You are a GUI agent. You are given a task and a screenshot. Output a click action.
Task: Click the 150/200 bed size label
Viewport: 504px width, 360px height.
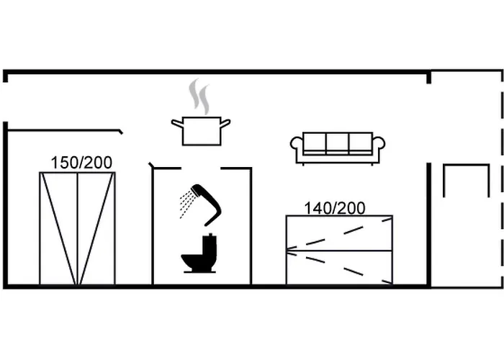click(81, 163)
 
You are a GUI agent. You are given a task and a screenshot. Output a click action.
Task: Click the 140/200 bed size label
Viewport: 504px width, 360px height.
click(335, 208)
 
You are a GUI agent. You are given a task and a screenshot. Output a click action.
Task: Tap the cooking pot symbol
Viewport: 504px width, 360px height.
click(201, 131)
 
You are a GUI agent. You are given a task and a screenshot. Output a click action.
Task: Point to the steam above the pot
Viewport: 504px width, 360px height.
click(199, 96)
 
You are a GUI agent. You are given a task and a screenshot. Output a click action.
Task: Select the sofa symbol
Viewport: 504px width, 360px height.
click(338, 148)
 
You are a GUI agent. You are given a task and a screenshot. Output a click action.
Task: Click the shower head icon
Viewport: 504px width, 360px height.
click(200, 204)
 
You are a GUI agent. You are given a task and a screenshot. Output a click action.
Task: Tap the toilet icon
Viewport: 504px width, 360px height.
click(199, 253)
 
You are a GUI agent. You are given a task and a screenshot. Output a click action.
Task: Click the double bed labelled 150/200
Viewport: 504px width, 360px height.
click(77, 228)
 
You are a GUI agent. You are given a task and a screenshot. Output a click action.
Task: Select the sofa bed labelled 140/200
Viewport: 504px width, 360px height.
click(339, 250)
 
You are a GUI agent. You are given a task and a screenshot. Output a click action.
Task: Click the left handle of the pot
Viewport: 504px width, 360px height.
click(177, 123)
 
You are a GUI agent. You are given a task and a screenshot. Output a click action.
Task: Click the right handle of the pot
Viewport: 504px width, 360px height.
click(225, 123)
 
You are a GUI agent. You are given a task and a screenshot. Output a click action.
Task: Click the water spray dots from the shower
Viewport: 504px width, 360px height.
click(187, 204)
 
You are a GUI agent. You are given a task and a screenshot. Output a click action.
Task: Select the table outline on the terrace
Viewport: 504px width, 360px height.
click(467, 180)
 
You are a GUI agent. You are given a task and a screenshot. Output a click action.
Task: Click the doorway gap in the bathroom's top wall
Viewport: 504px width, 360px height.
click(201, 168)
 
